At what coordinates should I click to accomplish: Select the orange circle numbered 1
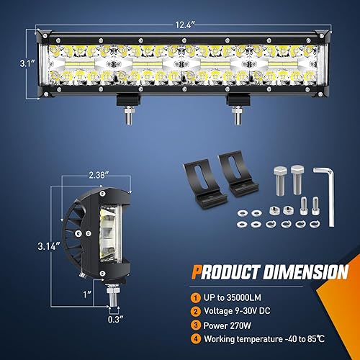point(196,297)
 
